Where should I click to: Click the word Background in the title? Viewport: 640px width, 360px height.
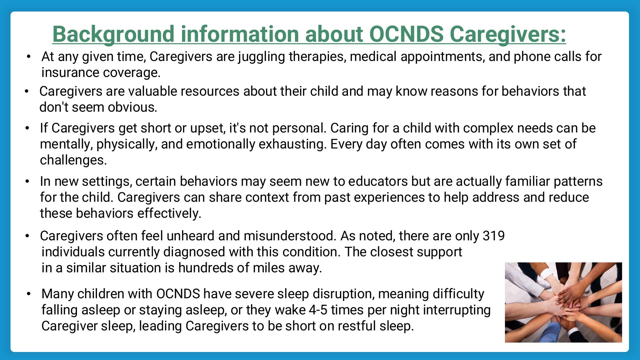tap(113, 34)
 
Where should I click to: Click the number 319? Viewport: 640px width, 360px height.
tap(494, 236)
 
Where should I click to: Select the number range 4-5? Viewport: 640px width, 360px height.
tap(318, 310)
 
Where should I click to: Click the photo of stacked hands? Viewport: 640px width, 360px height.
tap(563, 302)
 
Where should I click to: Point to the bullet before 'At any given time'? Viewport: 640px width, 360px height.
tap(29, 57)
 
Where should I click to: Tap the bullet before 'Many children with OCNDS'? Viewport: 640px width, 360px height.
tap(29, 294)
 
